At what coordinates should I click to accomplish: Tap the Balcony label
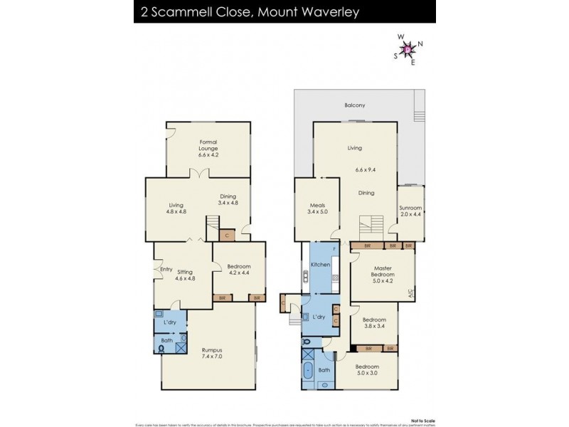[x=354, y=105]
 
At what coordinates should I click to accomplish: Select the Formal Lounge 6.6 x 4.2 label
[x=208, y=148]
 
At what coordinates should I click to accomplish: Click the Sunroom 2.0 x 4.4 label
[x=410, y=211]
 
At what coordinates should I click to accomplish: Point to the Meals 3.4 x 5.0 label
[x=318, y=208]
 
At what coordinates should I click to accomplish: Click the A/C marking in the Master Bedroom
[x=410, y=292]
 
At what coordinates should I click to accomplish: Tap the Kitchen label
[x=320, y=265]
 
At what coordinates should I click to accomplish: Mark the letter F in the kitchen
[x=334, y=249]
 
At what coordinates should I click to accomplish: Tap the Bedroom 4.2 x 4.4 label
[x=238, y=269]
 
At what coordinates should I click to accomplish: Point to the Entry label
[x=166, y=269]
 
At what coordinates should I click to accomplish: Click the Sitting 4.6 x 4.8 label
[x=185, y=275]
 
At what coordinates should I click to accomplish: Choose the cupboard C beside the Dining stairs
[x=227, y=235]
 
